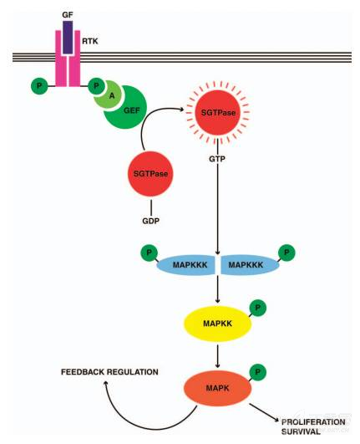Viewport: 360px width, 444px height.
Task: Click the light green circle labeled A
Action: pyautogui.click(x=110, y=95)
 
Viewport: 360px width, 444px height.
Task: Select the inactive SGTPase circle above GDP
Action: pyautogui.click(x=151, y=173)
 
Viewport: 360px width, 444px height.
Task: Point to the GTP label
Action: pyautogui.click(x=218, y=157)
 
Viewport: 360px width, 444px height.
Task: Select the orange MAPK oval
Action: pyautogui.click(x=217, y=388)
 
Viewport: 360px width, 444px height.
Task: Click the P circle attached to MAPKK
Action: pyautogui.click(x=260, y=308)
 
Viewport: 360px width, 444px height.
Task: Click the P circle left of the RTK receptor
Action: pyautogui.click(x=38, y=84)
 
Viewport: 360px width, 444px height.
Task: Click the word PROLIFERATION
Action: pyautogui.click(x=312, y=422)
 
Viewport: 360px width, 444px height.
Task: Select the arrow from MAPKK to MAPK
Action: pyautogui.click(x=218, y=354)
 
